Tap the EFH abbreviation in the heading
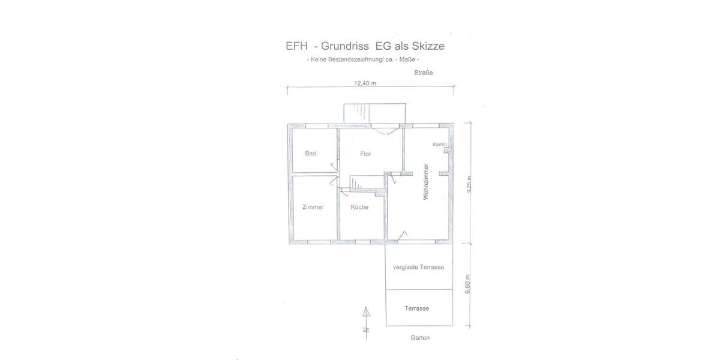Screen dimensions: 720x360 (x=296, y=46)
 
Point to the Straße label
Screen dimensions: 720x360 (x=424, y=73)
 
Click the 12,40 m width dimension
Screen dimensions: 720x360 (x=365, y=83)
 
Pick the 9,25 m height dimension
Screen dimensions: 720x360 (x=469, y=185)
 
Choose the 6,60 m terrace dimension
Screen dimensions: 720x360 (x=467, y=284)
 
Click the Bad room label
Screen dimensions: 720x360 (x=311, y=154)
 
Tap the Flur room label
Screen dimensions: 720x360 (x=365, y=154)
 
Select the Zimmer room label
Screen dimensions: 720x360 (x=313, y=207)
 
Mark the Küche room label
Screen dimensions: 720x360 (x=359, y=207)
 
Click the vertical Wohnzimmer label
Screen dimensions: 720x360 (x=426, y=182)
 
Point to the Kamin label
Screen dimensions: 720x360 (x=439, y=145)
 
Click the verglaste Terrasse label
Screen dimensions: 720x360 (x=418, y=267)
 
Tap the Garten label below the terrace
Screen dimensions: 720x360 (x=420, y=338)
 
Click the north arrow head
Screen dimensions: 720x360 (x=366, y=312)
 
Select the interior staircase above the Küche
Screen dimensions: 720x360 (x=367, y=182)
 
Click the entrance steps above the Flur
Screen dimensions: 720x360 (x=374, y=113)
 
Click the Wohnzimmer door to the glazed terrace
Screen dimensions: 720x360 (x=402, y=236)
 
